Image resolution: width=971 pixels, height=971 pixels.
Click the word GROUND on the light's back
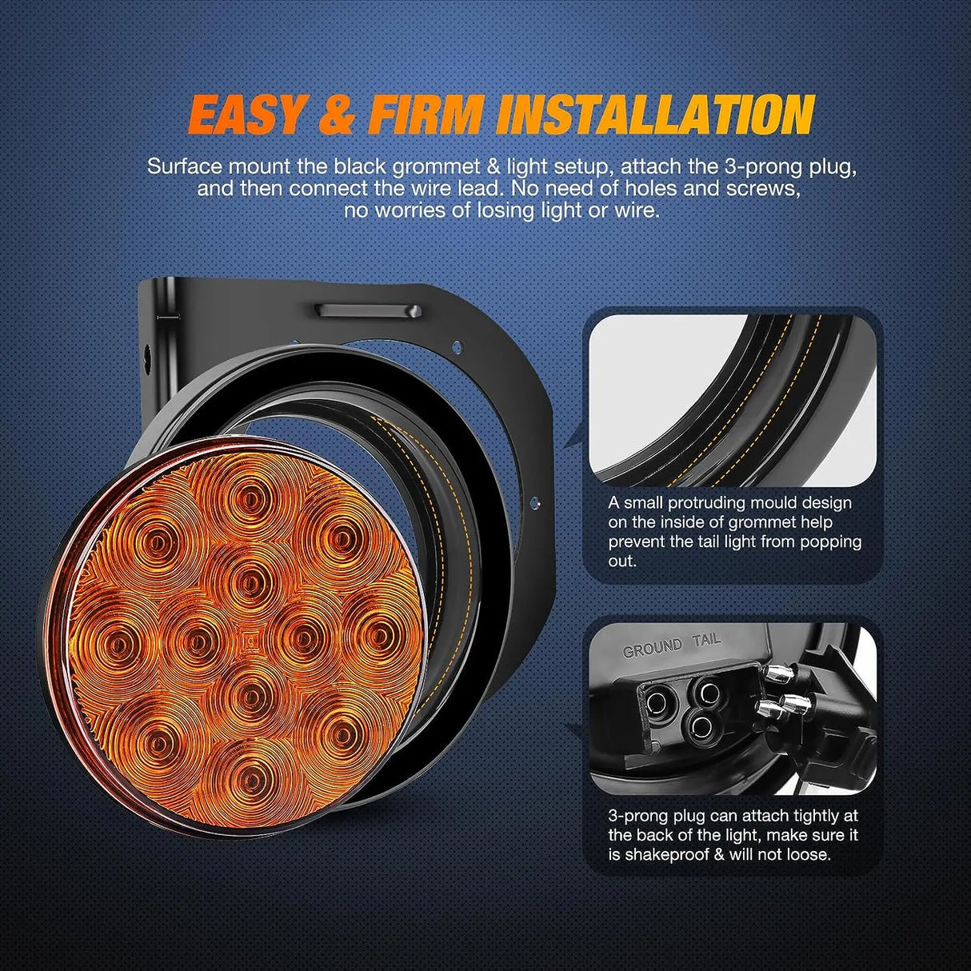point(652,647)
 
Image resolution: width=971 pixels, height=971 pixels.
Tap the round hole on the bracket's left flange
point(147,354)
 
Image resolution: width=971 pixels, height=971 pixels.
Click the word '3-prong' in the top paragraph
point(727,166)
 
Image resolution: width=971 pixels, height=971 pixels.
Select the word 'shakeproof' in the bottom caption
point(662,854)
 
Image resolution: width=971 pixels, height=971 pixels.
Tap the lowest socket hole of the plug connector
point(701,726)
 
